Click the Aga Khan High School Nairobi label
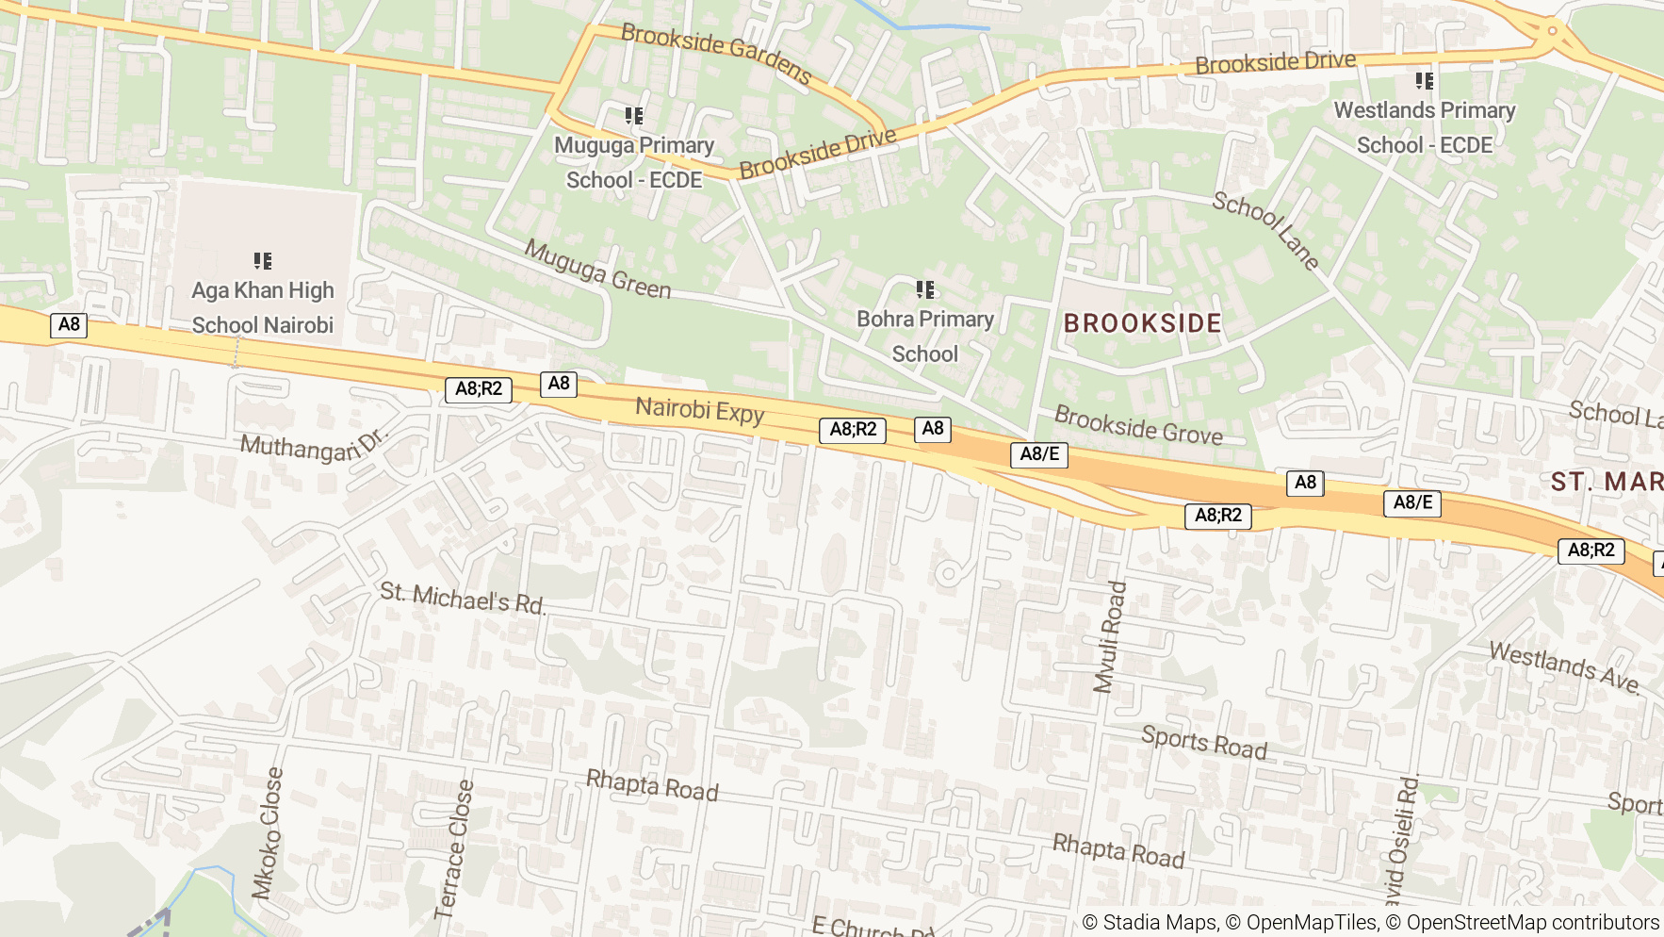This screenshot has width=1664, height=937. [x=263, y=307]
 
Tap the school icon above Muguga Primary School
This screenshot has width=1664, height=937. [x=634, y=116]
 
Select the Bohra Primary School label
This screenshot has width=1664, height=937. [x=925, y=337]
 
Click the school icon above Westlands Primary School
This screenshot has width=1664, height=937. [x=1425, y=81]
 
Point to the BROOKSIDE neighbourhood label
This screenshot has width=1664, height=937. [x=1142, y=323]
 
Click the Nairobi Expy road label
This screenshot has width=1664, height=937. [x=699, y=410]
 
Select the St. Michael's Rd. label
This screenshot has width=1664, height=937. [x=462, y=599]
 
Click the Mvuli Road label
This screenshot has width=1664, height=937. [x=1110, y=637]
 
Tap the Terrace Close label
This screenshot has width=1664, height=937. [x=453, y=848]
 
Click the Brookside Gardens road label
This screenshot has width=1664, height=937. [x=716, y=54]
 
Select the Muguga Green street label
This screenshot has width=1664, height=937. [x=597, y=270]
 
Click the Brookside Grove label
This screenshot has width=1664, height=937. [x=1138, y=425]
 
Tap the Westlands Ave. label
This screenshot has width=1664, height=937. [x=1564, y=667]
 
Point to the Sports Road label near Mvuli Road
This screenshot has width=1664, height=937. [x=1203, y=743]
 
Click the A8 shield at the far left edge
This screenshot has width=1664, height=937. [x=69, y=325]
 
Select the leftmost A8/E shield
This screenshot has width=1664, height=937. [x=1039, y=454]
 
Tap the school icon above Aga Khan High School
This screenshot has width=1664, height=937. [x=263, y=260]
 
